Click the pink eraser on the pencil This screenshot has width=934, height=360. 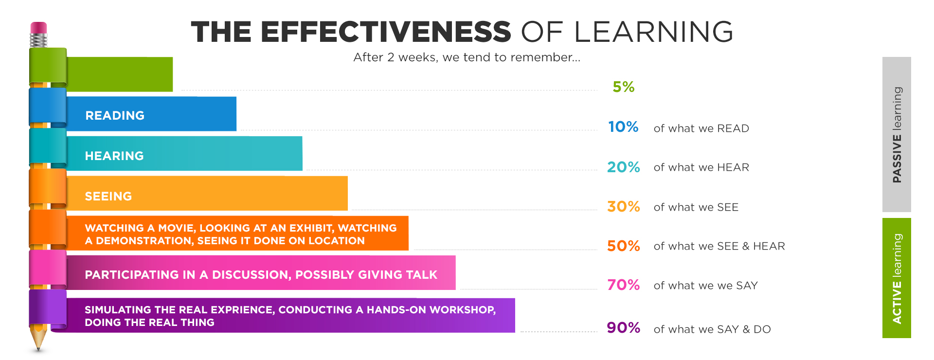pos(38,28)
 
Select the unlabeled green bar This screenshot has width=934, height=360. pos(119,74)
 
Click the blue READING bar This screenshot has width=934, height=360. pos(151,114)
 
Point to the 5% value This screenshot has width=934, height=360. pos(623,87)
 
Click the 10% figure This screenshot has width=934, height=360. pos(623,127)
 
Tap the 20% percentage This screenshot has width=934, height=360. pos(623,167)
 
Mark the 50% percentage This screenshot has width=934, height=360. pos(623,246)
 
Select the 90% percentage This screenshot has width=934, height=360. pos(623,328)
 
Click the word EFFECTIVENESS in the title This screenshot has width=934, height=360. pos(385,32)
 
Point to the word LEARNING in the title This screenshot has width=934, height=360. pos(653,32)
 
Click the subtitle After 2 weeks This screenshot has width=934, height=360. pos(467,57)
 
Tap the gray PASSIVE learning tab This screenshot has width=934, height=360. pos(897,134)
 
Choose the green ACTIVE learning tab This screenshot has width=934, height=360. pos(897,278)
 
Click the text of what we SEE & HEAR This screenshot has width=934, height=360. pos(719,247)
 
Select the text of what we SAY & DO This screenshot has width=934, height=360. pos(712,329)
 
